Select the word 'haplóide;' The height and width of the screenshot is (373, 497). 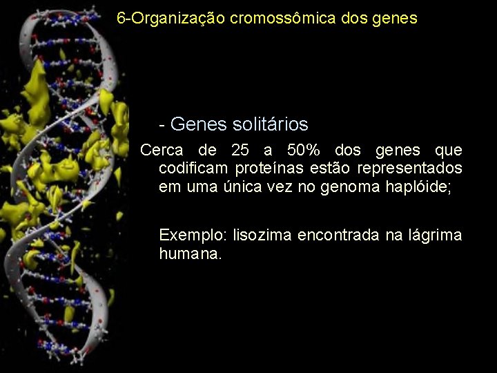click(420, 187)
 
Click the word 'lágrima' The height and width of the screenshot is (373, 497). click(434, 236)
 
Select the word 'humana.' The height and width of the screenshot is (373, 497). click(191, 254)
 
